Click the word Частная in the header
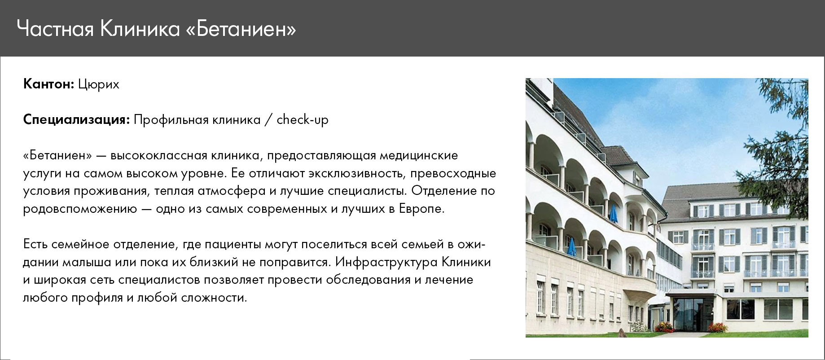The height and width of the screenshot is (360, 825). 55,30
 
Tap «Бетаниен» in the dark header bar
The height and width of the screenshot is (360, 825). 241,30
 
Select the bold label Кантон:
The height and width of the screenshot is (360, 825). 48,84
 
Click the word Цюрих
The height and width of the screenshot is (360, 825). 99,85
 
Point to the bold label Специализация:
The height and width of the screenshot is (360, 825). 77,120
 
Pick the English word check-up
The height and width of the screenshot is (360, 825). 303,120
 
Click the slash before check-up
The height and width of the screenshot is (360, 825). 268,120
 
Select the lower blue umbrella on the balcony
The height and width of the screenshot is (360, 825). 571,247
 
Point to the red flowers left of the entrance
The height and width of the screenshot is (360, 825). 664,327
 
